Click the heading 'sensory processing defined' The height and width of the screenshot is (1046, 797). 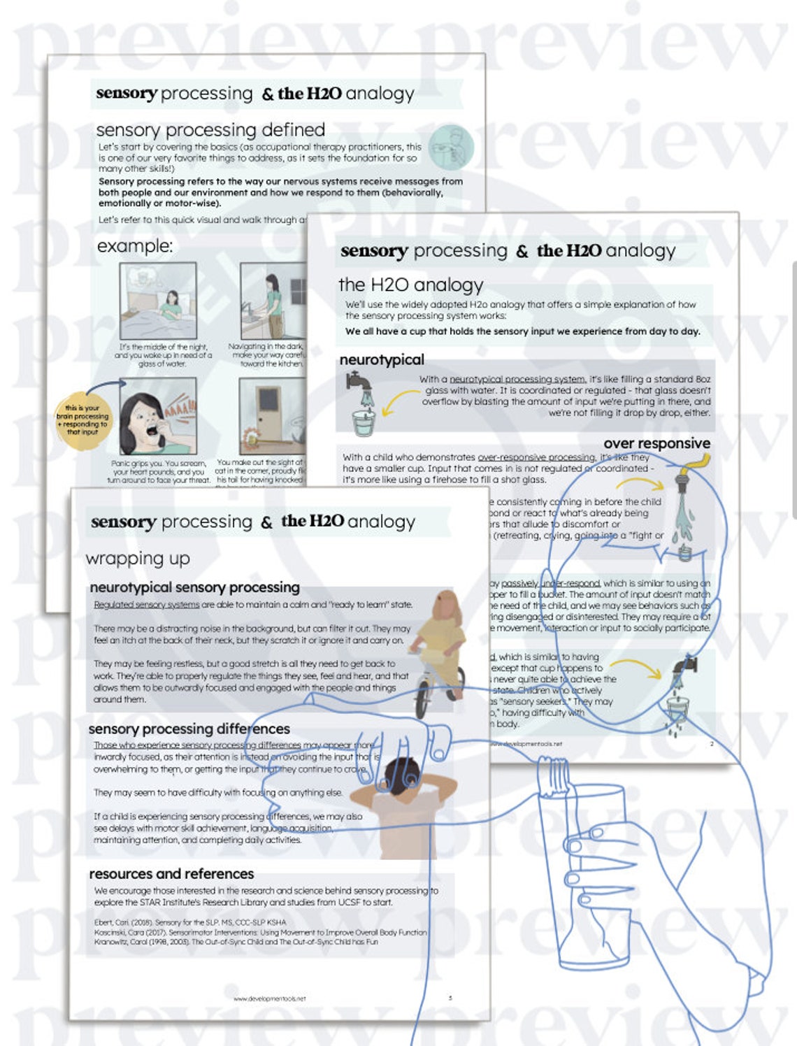coord(210,130)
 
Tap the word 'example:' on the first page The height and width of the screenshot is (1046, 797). coord(134,246)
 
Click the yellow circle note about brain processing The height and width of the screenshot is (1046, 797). coord(82,420)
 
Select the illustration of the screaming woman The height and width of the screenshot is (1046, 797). coord(157,417)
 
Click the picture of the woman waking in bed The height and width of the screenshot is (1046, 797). coord(158,301)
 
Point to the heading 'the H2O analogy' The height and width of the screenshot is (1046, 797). coord(411,285)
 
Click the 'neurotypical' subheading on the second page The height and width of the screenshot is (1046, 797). coord(382,359)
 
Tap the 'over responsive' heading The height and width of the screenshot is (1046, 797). coord(656,443)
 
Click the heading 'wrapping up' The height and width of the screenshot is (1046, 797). coord(138,559)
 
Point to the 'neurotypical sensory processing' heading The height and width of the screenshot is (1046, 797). coord(194,587)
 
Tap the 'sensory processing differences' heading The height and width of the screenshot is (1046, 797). coord(189,729)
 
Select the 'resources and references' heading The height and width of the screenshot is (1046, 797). coord(171,874)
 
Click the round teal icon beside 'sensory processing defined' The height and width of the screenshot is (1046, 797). coord(451,148)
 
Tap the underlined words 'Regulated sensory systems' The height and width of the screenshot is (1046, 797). coord(146,605)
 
